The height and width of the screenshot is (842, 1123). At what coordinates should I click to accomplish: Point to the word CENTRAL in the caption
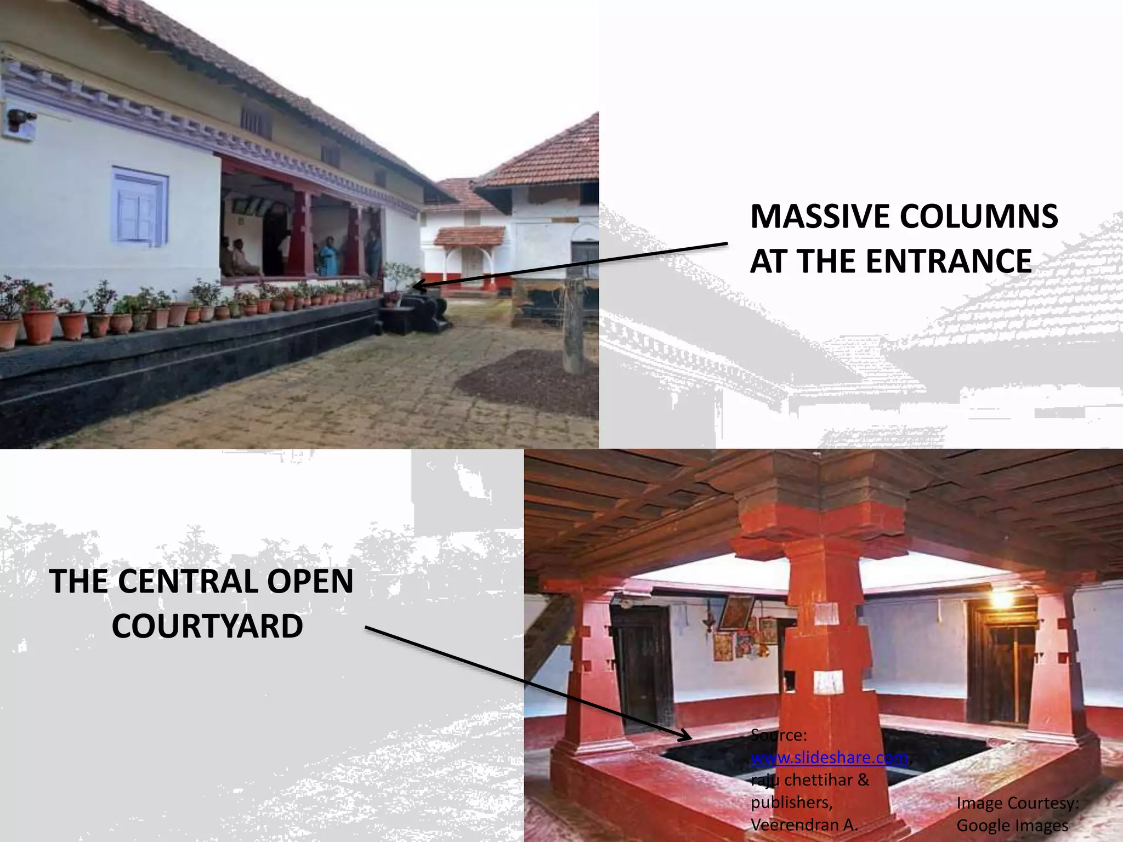tap(188, 582)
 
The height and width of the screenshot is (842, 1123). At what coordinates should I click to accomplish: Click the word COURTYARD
tap(207, 626)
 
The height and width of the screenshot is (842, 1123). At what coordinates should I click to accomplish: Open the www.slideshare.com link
tap(829, 758)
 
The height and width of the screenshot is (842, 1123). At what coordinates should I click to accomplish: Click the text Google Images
tap(1012, 825)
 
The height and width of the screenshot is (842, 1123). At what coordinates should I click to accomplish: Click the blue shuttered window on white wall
tap(139, 206)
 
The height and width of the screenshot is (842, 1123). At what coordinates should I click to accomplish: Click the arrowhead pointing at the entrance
tap(418, 286)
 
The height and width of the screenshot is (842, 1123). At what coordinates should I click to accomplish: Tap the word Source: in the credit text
tap(779, 735)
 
